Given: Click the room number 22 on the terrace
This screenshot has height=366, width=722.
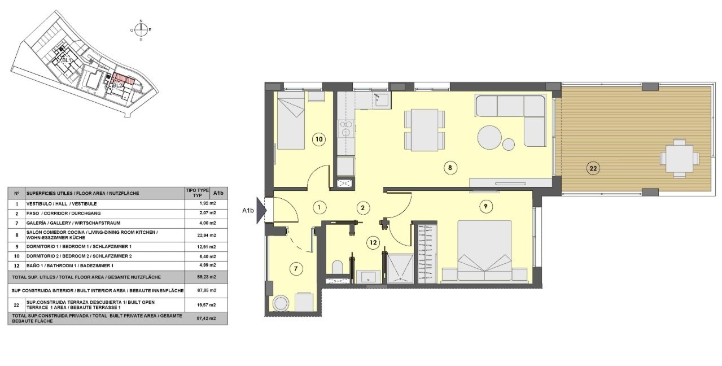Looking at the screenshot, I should [x=593, y=168].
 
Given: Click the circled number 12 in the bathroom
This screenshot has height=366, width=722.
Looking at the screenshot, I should [x=372, y=243].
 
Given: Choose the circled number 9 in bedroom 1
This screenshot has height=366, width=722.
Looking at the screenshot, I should [x=485, y=207].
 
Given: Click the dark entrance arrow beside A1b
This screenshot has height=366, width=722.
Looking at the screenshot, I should [x=261, y=211].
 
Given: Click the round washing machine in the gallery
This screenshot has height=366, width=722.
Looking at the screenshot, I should [x=280, y=303].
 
